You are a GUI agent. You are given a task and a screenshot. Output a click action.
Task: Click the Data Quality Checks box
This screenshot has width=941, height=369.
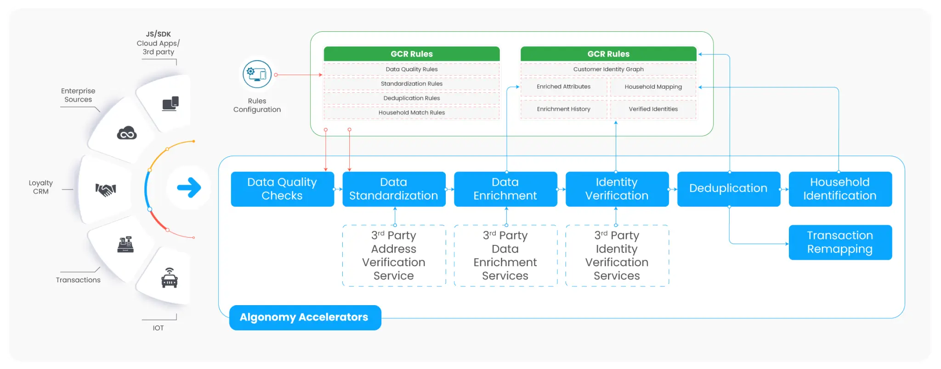point(282,189)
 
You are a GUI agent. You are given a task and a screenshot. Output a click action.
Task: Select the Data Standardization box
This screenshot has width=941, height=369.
point(394,189)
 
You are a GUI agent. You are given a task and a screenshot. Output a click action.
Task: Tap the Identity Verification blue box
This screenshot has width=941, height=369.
point(617,189)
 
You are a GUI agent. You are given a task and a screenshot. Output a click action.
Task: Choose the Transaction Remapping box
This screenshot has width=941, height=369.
point(840,242)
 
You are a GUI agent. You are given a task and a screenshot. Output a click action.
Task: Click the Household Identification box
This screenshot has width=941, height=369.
point(840,189)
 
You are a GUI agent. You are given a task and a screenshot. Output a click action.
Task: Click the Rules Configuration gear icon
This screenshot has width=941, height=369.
point(257,74)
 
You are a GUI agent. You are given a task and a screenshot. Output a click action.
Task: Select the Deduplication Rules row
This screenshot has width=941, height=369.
point(411,98)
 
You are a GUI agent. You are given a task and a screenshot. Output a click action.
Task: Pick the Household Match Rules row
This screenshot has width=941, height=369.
point(411,113)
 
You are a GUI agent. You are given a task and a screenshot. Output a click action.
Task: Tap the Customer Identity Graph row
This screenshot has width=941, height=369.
point(608,69)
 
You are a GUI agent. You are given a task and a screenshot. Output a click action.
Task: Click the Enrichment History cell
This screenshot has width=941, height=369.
point(563,109)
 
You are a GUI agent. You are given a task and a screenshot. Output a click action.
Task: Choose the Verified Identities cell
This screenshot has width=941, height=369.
point(653,109)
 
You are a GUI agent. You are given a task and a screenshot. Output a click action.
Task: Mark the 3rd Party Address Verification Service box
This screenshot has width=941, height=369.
point(394,255)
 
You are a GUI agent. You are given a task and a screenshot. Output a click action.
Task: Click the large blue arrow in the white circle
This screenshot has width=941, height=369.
point(189,187)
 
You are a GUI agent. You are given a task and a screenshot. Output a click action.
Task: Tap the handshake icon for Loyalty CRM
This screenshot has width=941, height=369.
point(106,189)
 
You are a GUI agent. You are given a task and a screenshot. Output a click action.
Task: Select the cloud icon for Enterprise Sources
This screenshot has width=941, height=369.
point(127,133)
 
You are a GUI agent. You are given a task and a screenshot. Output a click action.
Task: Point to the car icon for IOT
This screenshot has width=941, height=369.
point(170,278)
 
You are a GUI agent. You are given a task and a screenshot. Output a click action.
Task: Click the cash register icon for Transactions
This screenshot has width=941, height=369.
point(125,244)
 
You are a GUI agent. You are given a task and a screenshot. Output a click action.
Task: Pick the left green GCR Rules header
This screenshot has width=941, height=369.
point(411,54)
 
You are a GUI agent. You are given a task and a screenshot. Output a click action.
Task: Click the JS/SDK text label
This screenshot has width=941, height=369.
point(158,34)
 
